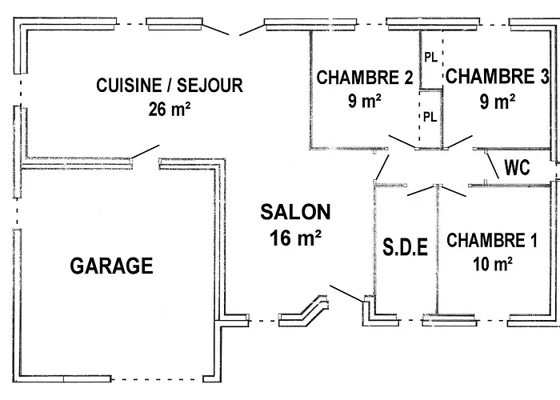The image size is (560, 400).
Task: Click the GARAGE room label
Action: [x=111, y=266]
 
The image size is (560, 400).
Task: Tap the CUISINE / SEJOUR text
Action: [x=169, y=85]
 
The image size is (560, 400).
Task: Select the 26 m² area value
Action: [x=169, y=110]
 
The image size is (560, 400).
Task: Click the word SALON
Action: [x=295, y=212]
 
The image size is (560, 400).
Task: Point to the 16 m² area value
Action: [x=295, y=237]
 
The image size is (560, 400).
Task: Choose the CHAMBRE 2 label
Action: [x=365, y=78]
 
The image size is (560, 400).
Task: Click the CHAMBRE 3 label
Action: [x=498, y=77]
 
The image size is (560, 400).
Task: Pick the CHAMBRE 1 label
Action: [x=492, y=240]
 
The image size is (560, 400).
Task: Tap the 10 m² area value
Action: [x=492, y=262]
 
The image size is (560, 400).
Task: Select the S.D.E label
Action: [x=404, y=247]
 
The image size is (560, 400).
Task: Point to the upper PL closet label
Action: [x=430, y=58]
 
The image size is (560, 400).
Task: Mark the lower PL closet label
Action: [x=430, y=116]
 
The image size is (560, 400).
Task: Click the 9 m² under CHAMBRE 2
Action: [x=365, y=102]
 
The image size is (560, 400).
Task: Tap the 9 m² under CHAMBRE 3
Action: [x=498, y=102]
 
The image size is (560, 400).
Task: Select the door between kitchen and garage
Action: [x=145, y=151]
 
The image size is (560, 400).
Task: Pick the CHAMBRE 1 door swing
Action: [x=453, y=190]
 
